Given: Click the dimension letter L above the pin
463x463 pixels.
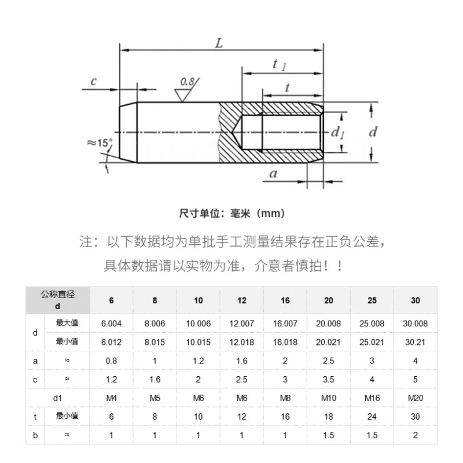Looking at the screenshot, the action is point(219,43).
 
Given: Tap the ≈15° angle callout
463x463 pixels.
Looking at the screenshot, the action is point(100,143).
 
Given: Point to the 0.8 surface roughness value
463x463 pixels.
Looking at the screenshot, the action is point(187,82).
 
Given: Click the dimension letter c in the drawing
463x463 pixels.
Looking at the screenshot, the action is point(94,81).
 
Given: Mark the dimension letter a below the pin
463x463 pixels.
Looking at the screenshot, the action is point(273,173).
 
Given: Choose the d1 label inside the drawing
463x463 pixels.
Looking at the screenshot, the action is point(337,133).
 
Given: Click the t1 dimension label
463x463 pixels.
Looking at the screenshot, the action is point(279,65).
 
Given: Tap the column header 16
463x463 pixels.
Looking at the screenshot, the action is point(285,300).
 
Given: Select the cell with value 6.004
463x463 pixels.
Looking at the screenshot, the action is point(111,324).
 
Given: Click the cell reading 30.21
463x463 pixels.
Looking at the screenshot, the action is point(415,342).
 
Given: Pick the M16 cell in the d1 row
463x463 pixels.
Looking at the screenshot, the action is point(372,398).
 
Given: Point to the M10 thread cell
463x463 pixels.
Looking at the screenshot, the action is point(329,398).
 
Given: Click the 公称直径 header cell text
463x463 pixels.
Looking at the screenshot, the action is point(57,295).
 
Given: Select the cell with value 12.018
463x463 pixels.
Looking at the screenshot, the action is point(242,342).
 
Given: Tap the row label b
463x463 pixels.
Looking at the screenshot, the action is point(35,435).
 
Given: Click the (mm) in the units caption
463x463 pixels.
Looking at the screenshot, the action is point(271,213).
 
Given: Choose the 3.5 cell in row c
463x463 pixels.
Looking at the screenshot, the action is point(329,380).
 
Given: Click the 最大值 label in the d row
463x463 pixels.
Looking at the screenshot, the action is point(67,323).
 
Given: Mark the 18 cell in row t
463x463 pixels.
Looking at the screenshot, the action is point(329,417).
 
